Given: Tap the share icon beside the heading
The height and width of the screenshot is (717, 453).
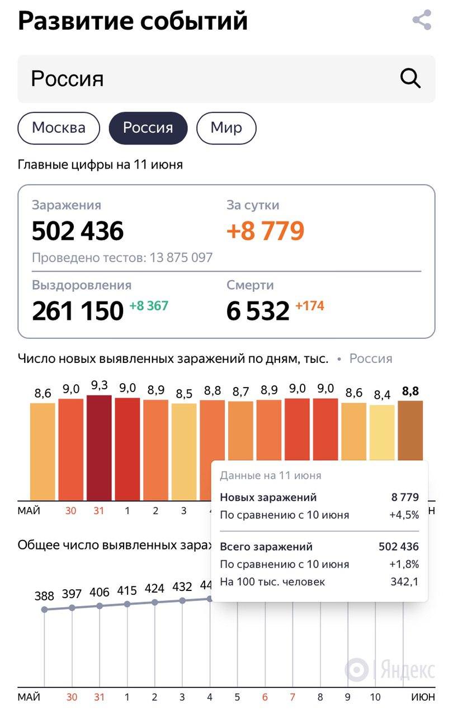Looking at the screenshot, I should coord(422,21).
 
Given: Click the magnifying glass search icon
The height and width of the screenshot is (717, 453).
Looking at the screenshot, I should coord(410,79).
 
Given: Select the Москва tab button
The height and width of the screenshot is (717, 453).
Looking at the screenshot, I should coord(59,128).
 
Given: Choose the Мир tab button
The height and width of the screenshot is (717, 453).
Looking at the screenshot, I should coord(226,128).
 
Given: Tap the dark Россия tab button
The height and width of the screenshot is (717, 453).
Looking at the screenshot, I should coord(148,128).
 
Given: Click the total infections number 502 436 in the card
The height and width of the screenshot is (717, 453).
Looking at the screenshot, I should coord(78,231).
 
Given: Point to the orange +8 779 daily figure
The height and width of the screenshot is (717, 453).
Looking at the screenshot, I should coord(266,231).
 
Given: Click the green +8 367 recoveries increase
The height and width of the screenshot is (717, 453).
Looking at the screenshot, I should coord(149,306).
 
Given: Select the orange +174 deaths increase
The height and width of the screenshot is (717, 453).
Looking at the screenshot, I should coord(309,306).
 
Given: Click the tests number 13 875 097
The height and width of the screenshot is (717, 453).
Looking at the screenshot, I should coord(181,258).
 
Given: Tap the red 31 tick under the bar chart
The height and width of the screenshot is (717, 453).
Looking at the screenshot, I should coord(99,511).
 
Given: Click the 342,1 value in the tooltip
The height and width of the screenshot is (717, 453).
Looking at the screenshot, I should coord(404,582).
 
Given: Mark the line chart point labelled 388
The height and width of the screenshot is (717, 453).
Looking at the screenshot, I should coord(45,609).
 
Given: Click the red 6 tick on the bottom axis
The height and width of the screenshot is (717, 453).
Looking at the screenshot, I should coord(265,697).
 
